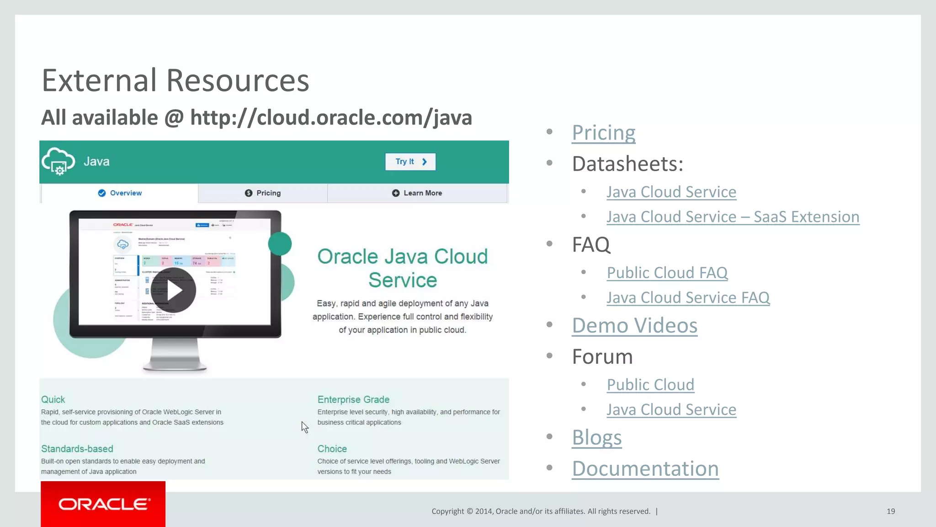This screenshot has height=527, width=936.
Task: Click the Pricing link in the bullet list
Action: pos(603,133)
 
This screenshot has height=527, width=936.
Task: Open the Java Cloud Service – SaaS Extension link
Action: pos(733,217)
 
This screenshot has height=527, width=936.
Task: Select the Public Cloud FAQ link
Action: pos(667,273)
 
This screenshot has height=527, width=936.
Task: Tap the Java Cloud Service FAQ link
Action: pos(688,298)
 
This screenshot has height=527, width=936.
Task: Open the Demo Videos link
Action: pos(634,326)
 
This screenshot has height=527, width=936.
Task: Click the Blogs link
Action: pos(596,437)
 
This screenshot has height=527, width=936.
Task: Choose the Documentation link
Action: pos(645,469)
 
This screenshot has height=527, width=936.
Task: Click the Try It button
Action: pos(410,161)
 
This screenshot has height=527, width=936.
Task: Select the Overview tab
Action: pos(120,193)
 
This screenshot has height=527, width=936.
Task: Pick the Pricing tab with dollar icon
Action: pos(263,193)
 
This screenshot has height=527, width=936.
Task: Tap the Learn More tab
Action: pos(417,193)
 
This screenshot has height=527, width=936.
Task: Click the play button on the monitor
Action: pos(174,290)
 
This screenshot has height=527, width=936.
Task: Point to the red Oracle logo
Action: pos(103,504)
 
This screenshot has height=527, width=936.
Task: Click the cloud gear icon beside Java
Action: pos(58,161)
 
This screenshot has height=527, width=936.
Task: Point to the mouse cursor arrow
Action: pos(304,427)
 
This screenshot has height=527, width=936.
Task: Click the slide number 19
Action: pos(890,511)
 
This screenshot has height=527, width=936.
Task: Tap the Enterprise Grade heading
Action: pos(353,399)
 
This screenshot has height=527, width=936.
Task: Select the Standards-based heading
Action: pos(77,449)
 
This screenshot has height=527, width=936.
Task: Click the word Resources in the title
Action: pos(238,81)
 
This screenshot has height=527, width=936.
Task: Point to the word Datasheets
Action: pos(627,164)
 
